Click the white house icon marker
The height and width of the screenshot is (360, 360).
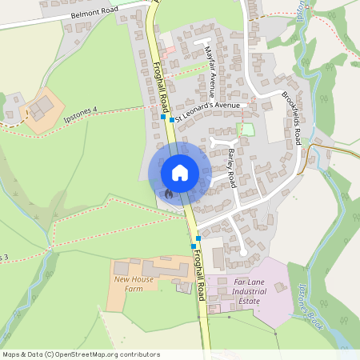180,172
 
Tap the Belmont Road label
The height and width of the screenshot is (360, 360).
94,14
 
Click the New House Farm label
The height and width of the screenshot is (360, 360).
134,283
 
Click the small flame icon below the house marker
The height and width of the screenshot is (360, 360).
168,193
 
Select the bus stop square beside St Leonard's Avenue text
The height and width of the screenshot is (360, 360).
171,120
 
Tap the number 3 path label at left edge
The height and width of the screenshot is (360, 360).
6,258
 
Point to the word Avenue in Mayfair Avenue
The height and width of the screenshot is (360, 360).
213,79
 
